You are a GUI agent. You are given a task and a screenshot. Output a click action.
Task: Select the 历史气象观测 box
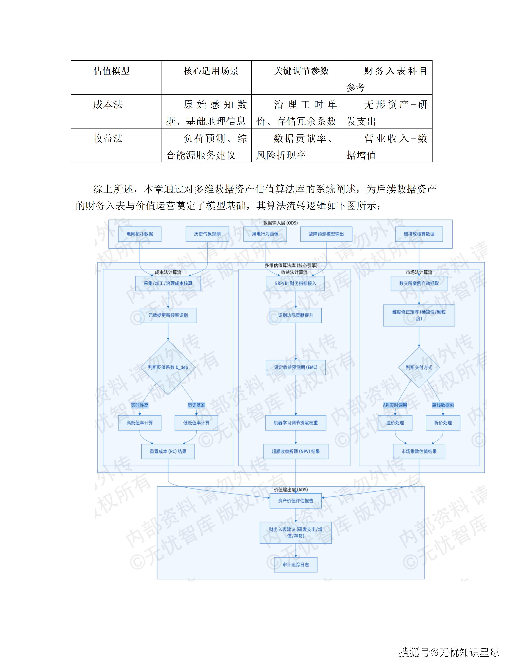(207, 234)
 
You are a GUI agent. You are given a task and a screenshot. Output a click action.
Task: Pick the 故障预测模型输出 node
(326, 234)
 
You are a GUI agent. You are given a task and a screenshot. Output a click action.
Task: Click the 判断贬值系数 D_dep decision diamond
(168, 367)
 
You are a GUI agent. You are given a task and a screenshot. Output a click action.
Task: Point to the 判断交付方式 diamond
(419, 367)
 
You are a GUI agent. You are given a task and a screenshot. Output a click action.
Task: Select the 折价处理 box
(443, 423)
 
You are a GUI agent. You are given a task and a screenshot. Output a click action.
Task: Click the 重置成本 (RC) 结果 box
(168, 451)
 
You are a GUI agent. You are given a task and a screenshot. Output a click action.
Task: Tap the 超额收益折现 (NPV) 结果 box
(296, 451)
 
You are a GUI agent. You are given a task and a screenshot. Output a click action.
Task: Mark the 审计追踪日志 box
(296, 565)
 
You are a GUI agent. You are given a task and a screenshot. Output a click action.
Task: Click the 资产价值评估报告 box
(296, 501)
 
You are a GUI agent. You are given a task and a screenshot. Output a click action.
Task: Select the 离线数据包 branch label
(443, 405)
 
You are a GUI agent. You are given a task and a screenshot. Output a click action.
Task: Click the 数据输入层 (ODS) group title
(280, 223)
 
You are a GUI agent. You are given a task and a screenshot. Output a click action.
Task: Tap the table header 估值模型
(111, 71)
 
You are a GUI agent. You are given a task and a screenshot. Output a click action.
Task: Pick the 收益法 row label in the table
(108, 138)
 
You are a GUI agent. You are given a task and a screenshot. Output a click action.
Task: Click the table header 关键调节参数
(301, 71)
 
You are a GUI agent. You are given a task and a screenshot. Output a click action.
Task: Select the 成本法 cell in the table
(108, 105)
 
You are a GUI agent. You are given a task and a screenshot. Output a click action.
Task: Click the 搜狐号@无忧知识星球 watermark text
(449, 652)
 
